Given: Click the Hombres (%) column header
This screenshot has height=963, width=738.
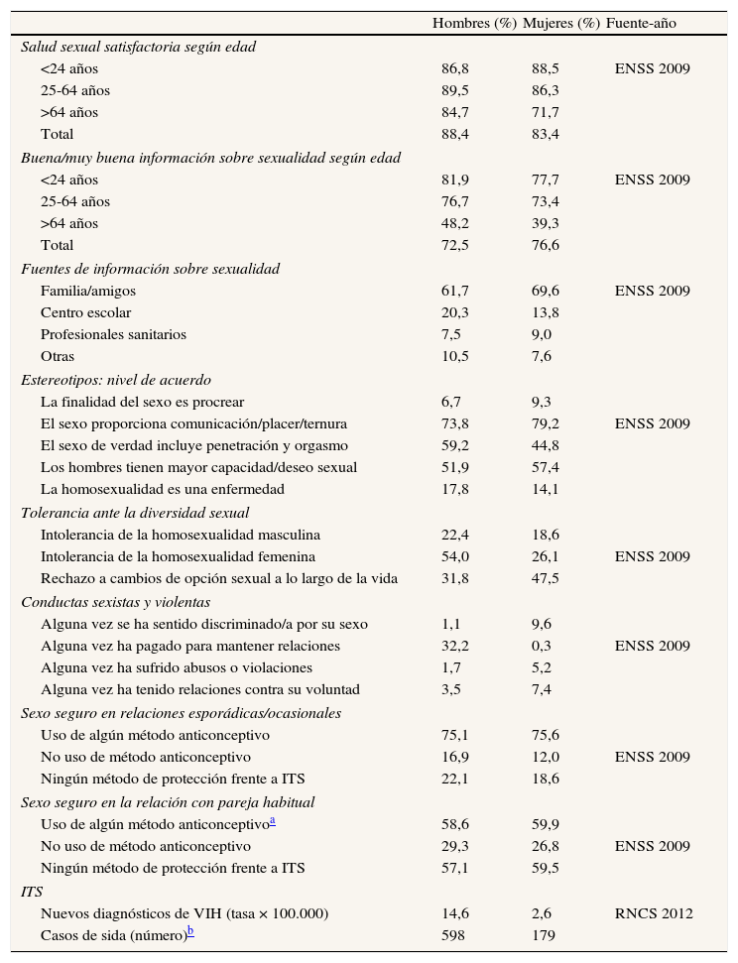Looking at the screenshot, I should pyautogui.click(x=474, y=24).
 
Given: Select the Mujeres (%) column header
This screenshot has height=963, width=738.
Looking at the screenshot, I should pyautogui.click(x=561, y=24).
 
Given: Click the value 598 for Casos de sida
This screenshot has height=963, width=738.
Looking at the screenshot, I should pyautogui.click(x=452, y=935).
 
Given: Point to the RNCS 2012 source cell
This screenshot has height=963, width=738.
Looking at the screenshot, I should pyautogui.click(x=654, y=913).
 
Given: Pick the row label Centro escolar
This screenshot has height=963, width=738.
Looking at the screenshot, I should pyautogui.click(x=85, y=312).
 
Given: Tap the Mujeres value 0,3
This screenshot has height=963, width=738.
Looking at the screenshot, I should pyautogui.click(x=542, y=646).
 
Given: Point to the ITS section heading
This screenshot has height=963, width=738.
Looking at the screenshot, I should pyautogui.click(x=32, y=892).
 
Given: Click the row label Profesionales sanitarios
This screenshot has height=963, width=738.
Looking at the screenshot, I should pyautogui.click(x=113, y=334).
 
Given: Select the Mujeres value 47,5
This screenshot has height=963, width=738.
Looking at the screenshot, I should pyautogui.click(x=546, y=578).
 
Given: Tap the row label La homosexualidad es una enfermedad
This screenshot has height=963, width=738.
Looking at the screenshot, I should pyautogui.click(x=163, y=489).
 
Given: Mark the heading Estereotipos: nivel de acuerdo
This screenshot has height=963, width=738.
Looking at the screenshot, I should pyautogui.click(x=116, y=380).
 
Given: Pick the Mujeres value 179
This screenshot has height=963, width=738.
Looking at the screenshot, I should pyautogui.click(x=543, y=935).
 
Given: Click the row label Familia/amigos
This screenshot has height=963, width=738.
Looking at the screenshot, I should pyautogui.click(x=88, y=291).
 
